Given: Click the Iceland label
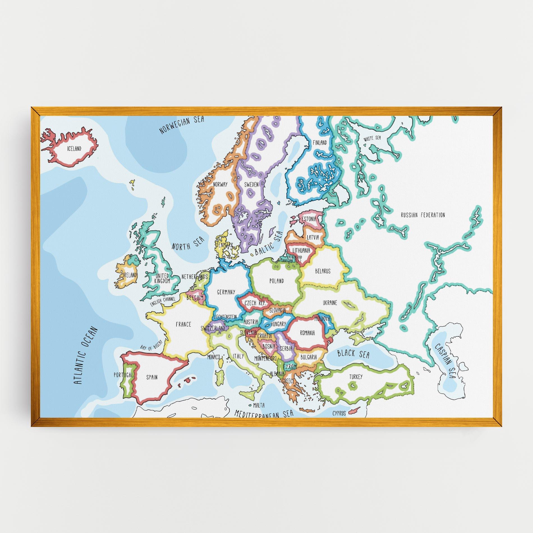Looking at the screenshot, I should (74, 149).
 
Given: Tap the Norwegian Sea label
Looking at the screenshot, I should (182, 125).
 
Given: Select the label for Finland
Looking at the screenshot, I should (320, 143).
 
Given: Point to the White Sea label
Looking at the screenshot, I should (372, 138).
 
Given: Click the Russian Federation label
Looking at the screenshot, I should (423, 215).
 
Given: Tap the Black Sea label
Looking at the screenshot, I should (353, 354).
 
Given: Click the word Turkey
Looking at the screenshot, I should (356, 377).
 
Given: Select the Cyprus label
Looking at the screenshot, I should (339, 413).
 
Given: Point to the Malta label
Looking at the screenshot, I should (259, 405).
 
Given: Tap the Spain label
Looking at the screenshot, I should (152, 377).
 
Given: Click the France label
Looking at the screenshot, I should (183, 324).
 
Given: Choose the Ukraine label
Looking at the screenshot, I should (330, 303).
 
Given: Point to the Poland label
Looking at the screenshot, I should (277, 281).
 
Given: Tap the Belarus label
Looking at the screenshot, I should (323, 271).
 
